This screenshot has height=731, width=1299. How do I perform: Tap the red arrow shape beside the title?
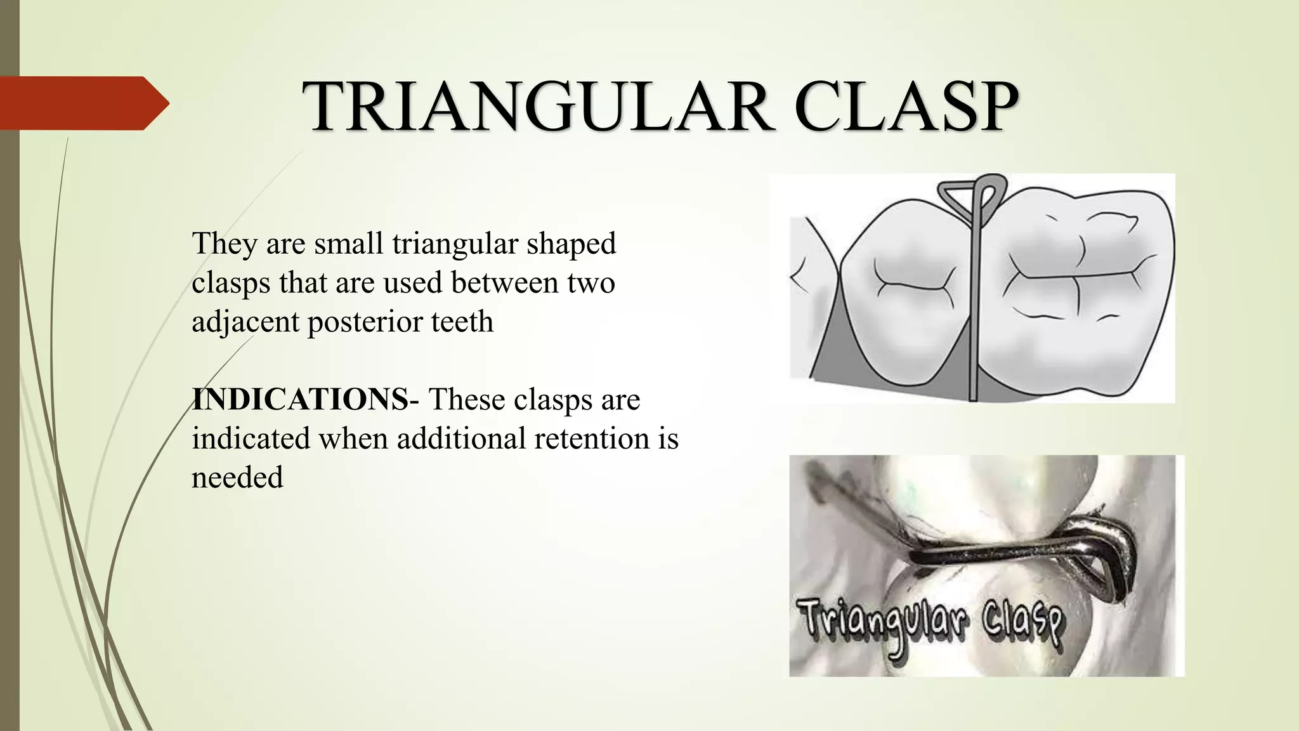coord(82,103)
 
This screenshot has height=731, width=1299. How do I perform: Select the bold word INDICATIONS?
coord(300,400)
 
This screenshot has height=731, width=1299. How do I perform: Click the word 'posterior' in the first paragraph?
coord(365,322)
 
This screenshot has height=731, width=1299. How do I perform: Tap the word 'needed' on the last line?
coord(237,477)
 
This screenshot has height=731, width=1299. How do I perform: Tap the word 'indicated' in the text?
coord(251,438)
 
